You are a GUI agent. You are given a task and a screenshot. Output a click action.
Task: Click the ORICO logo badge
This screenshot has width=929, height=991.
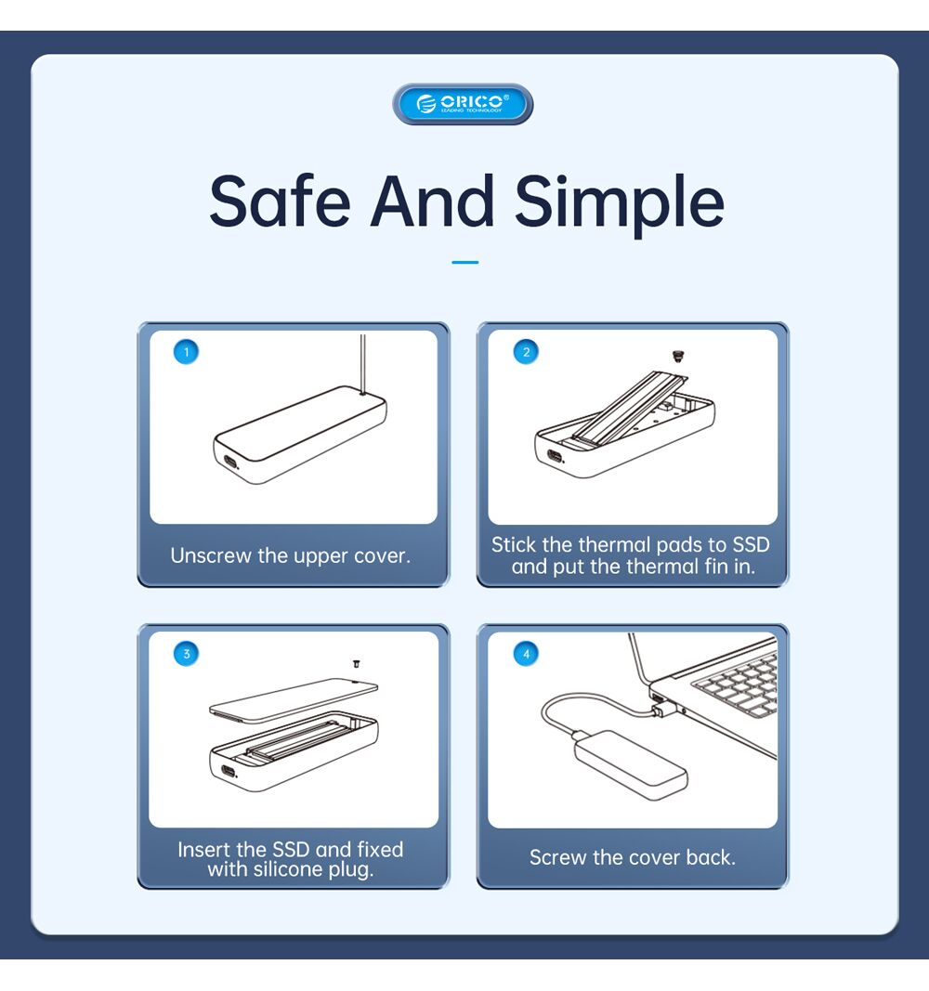(x=463, y=104)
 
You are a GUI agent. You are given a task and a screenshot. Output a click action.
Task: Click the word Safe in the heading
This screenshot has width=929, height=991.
(x=280, y=201)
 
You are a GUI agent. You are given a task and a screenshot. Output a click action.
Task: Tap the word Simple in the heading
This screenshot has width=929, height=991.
(x=620, y=203)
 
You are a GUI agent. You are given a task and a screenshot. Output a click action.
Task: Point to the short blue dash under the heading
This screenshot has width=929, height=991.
(x=465, y=262)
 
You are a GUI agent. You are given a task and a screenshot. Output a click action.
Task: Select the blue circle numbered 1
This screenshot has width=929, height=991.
(x=186, y=351)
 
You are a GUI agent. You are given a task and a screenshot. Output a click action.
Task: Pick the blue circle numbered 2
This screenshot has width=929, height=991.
(x=526, y=352)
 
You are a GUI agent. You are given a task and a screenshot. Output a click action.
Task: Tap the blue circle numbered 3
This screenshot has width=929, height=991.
(x=186, y=654)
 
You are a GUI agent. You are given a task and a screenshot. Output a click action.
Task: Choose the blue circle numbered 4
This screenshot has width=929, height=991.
(x=526, y=654)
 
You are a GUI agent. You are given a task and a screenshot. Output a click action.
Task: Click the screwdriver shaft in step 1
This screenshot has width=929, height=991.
(x=362, y=364)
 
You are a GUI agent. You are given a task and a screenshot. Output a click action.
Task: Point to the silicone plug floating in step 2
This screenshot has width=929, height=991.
(x=677, y=356)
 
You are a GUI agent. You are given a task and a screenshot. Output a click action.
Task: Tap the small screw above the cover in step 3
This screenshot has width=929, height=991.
(x=357, y=664)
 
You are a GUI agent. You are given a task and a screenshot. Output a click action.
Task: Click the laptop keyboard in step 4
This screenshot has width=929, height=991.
(x=737, y=685)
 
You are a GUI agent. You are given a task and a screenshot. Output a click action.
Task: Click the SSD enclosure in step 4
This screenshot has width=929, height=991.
(x=630, y=764)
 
